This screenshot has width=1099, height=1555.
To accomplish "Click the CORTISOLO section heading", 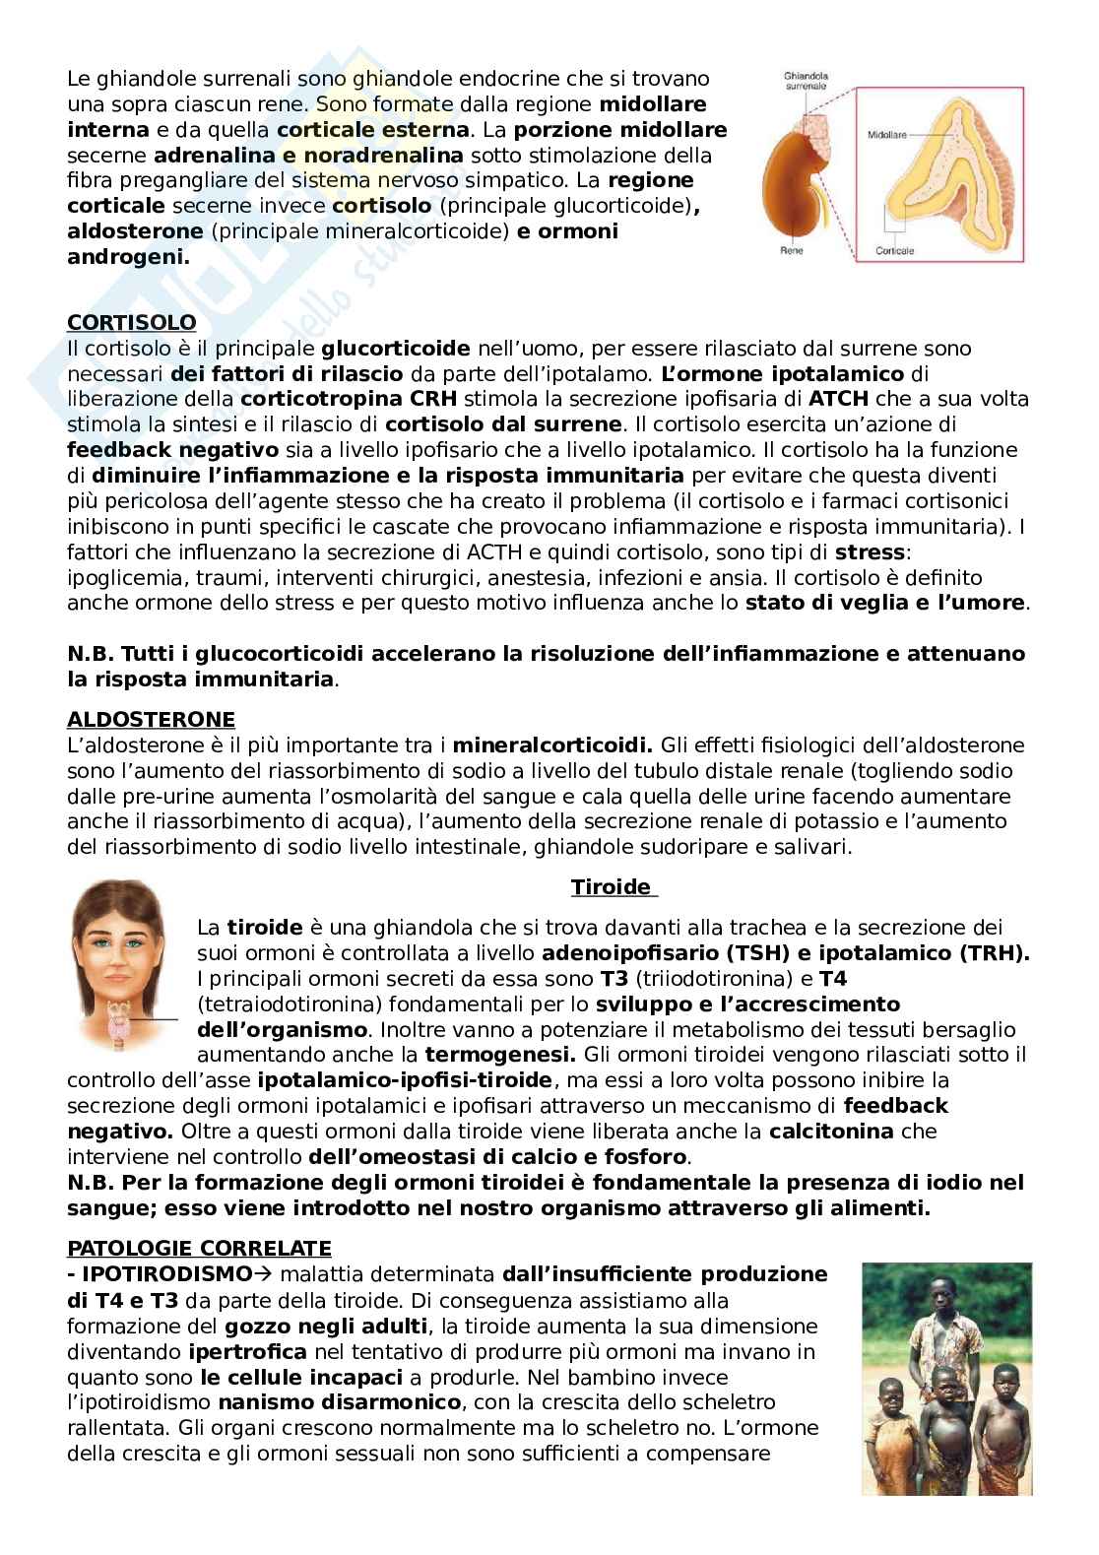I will pos(131,323).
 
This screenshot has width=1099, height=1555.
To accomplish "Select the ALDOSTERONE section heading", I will pos(151,719).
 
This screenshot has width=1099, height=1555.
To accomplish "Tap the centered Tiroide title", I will pos(613,887).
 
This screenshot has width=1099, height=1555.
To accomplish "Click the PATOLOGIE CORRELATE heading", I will pos(199,1249).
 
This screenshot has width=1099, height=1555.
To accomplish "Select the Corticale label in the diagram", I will pos(895,250).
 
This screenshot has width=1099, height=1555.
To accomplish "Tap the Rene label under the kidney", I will pos(791,251).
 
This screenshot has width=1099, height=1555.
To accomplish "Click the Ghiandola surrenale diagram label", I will pos(806,80).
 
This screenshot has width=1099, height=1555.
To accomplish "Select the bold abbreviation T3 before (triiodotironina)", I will pos(612,979).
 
